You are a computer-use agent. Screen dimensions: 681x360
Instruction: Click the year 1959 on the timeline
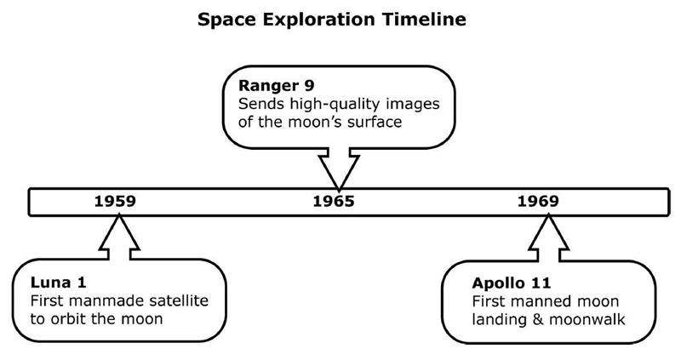click(115, 202)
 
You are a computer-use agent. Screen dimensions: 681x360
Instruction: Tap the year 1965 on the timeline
click(334, 202)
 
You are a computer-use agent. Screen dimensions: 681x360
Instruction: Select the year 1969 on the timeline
click(538, 202)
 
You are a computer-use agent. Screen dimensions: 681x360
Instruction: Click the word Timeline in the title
click(425, 20)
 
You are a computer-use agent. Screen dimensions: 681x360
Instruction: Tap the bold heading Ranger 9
click(276, 86)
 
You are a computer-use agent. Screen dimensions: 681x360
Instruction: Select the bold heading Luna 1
click(58, 283)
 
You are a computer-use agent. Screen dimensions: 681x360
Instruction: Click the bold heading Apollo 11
click(512, 283)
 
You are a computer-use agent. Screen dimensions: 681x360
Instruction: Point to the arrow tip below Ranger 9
click(339, 189)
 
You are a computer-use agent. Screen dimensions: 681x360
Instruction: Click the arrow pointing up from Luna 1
click(119, 237)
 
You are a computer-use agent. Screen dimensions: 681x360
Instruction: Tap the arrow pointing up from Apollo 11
click(548, 237)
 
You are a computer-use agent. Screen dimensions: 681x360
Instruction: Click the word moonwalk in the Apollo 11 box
click(587, 320)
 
